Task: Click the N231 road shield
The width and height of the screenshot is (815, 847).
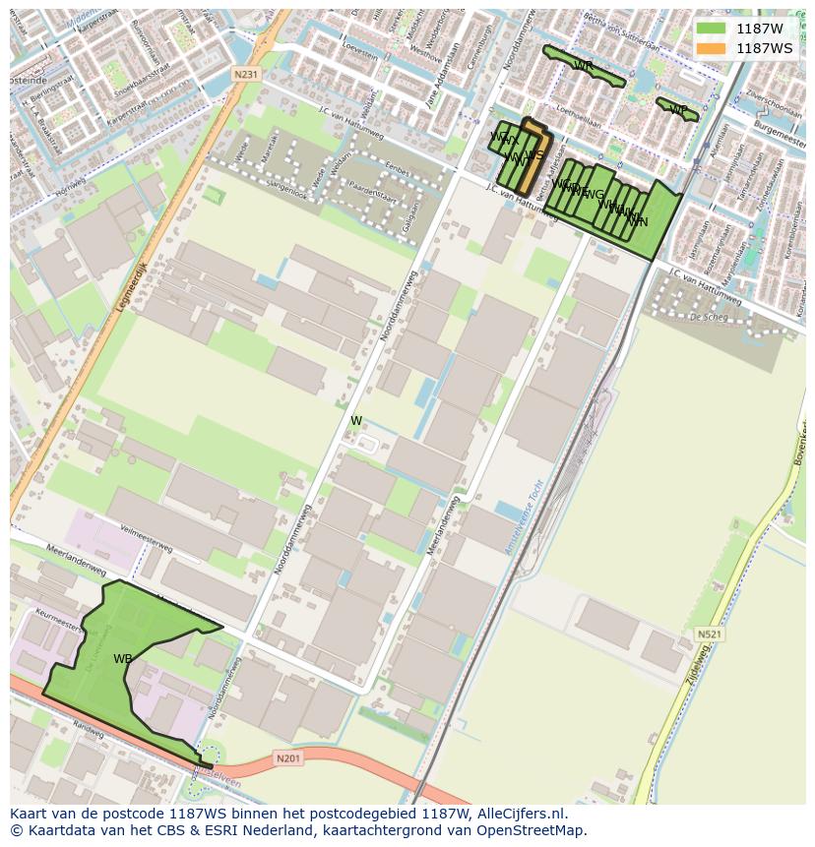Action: [x=246, y=75]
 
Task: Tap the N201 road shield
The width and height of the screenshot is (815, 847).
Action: [x=287, y=757]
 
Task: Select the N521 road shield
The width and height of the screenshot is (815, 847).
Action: [x=709, y=635]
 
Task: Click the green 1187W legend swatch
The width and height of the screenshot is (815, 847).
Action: [x=711, y=29]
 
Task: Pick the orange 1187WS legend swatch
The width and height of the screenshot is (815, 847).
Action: [x=711, y=48]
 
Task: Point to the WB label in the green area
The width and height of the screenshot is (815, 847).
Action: [x=122, y=659]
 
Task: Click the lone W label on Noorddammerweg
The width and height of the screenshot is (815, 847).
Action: [x=356, y=421]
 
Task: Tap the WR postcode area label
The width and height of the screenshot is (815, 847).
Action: [x=583, y=66]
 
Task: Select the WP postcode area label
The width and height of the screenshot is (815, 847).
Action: [x=678, y=109]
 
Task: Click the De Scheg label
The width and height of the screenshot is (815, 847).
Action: [x=708, y=317]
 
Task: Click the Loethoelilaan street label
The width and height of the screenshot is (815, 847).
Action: [x=578, y=111]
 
